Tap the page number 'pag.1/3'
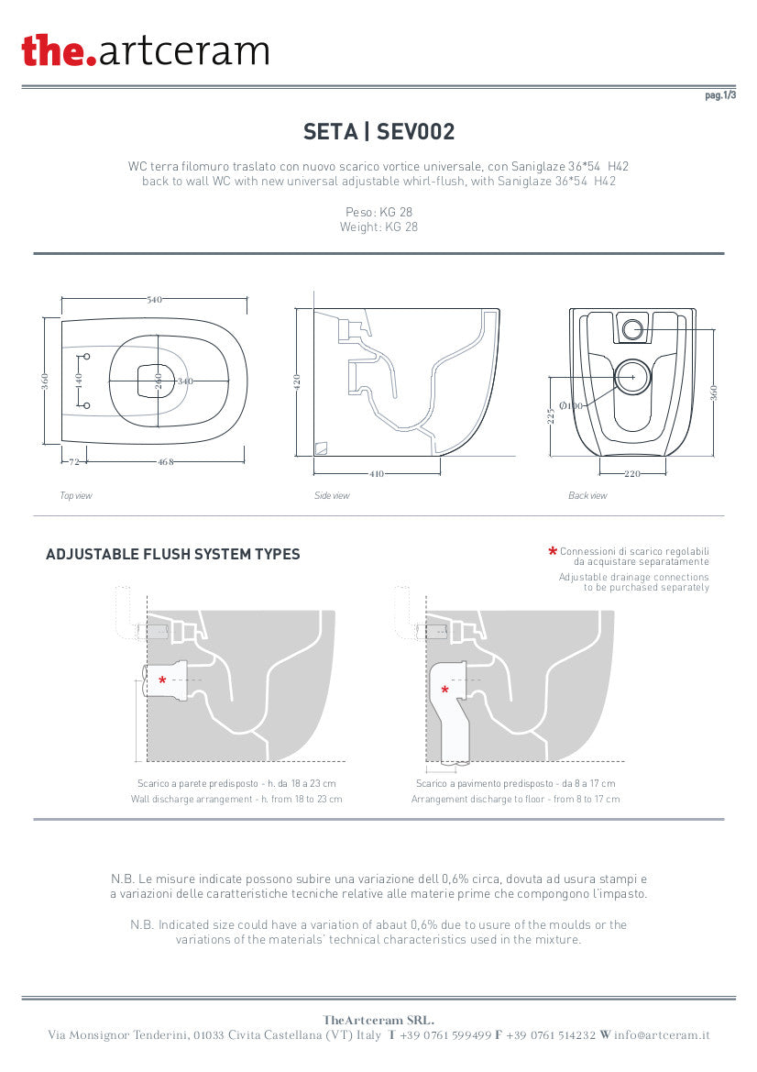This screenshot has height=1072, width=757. [x=720, y=95]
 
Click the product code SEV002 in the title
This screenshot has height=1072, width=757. [x=415, y=131]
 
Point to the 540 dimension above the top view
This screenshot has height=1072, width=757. [x=154, y=300]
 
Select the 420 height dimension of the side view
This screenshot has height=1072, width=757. [x=297, y=382]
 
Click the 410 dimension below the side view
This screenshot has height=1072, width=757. [x=377, y=474]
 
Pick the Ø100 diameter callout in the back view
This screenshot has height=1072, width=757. [x=570, y=405]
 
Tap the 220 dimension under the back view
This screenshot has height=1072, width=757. [x=632, y=474]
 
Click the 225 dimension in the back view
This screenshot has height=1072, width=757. [x=551, y=415]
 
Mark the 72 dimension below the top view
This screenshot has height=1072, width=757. [x=74, y=461]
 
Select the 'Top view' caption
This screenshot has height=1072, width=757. [x=76, y=496]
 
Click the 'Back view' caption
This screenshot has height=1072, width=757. [x=587, y=496]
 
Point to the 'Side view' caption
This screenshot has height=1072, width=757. [x=332, y=496]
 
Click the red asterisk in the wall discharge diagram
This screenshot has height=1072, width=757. [x=162, y=680]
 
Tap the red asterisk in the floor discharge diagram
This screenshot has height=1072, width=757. [x=444, y=691]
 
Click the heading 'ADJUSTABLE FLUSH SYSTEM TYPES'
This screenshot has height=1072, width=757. [x=173, y=555]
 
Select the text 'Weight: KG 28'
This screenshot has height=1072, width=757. [x=378, y=227]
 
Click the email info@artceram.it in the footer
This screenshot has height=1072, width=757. [x=662, y=1035]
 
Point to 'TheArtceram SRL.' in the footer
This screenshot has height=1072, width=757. [x=378, y=1020]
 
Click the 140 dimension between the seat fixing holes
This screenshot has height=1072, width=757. [x=79, y=381]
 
